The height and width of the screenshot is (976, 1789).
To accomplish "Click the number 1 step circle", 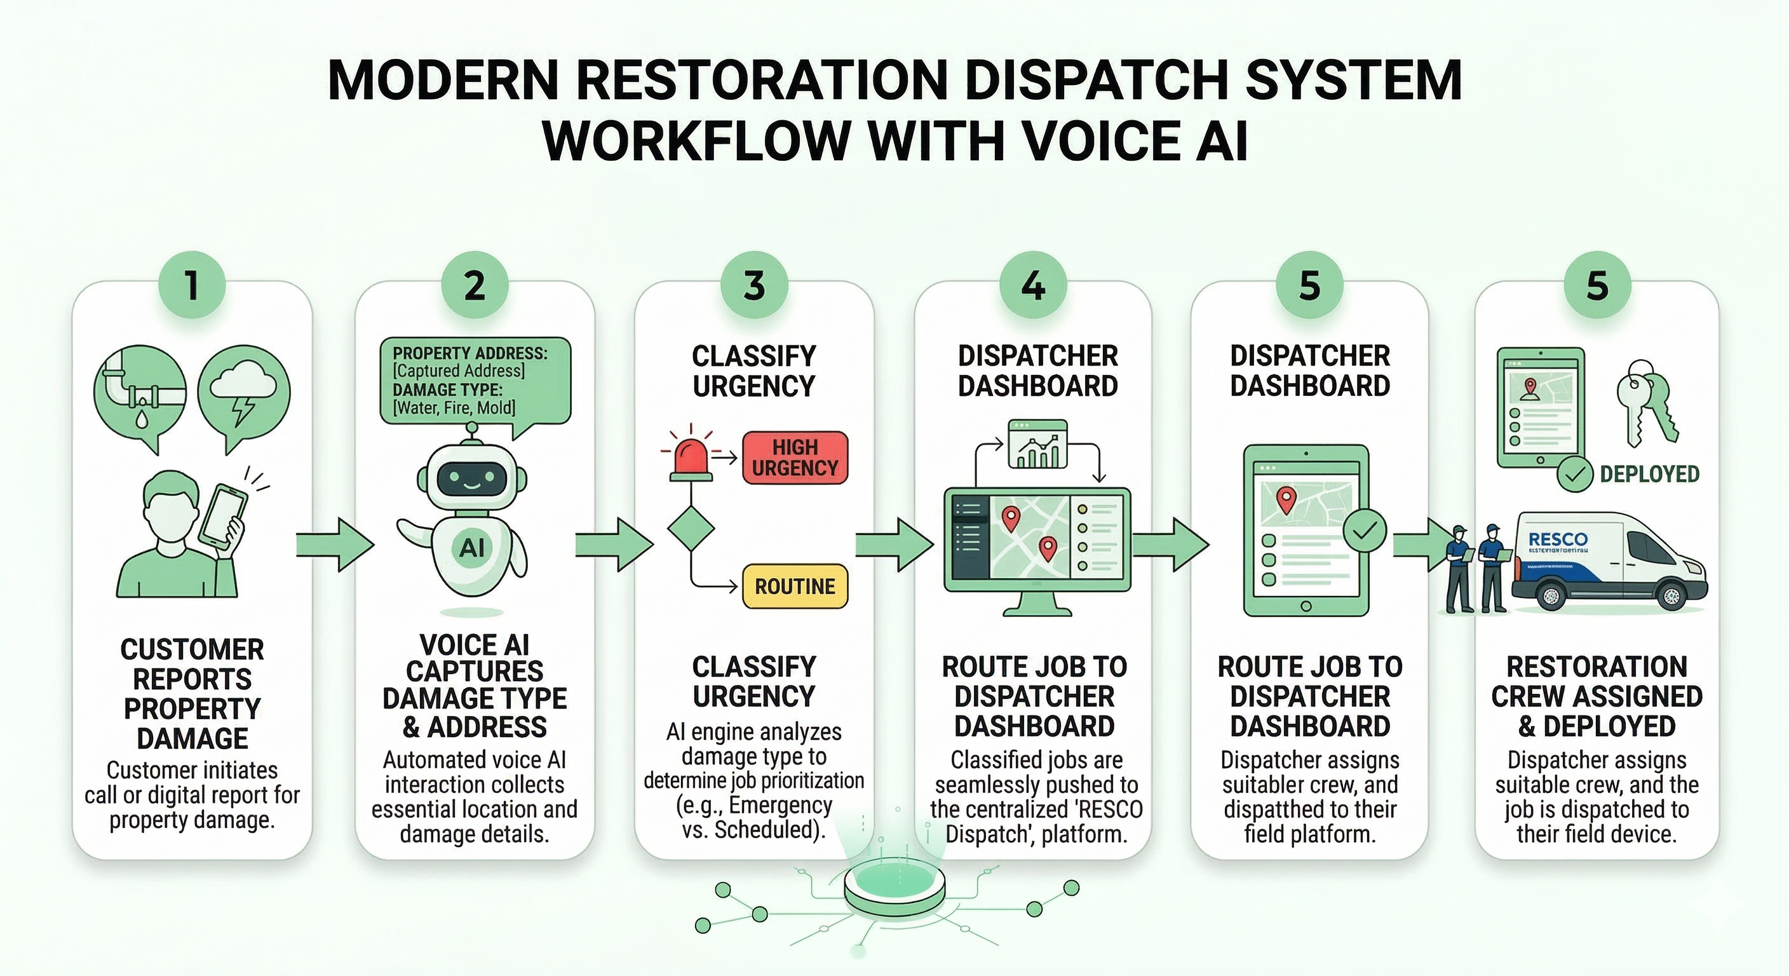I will point(192,285).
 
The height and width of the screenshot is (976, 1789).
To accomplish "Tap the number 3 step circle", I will point(753,285).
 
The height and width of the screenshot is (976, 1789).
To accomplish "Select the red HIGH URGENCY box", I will point(795,457).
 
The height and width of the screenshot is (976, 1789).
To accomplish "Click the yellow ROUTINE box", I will point(795,586).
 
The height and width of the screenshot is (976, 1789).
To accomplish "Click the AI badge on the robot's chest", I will point(471,548).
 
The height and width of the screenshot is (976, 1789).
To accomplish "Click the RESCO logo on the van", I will point(1558,539).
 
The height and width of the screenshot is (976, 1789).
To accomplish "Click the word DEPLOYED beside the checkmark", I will point(1649,475).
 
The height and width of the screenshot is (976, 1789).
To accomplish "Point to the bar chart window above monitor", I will point(1037,445).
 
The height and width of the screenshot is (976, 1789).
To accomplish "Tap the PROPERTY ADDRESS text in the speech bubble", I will point(469,353).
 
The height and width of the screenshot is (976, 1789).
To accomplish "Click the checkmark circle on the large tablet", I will point(1364,531).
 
